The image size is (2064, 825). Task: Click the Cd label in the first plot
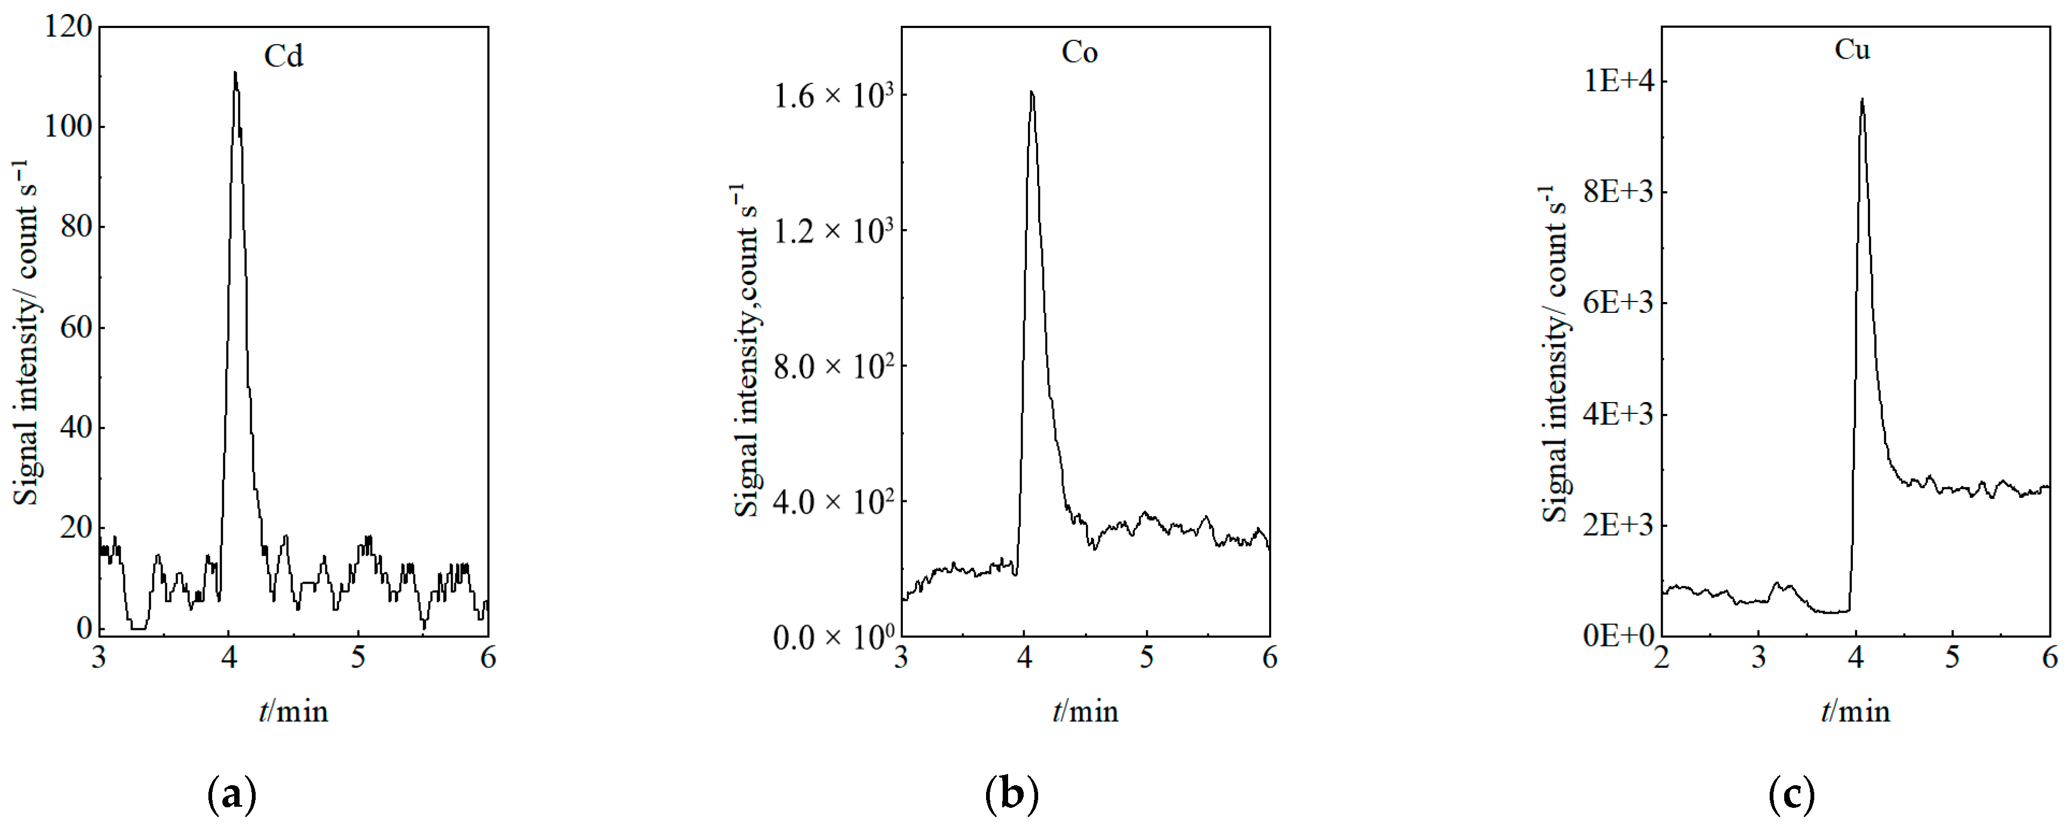pyautogui.click(x=284, y=56)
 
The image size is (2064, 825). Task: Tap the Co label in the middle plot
pyautogui.click(x=1080, y=52)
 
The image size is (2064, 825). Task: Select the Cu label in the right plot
pyautogui.click(x=1852, y=49)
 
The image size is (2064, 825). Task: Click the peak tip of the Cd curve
pyautogui.click(x=235, y=73)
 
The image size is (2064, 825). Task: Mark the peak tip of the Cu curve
pyautogui.click(x=1862, y=99)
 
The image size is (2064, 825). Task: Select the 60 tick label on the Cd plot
pyautogui.click(x=76, y=327)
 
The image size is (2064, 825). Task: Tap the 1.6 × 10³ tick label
pyautogui.click(x=832, y=96)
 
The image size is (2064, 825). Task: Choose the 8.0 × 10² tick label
pyautogui.click(x=832, y=367)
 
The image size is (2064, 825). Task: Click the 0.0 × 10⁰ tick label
pyautogui.click(x=832, y=637)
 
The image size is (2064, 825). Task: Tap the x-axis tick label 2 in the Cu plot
pyautogui.click(x=1662, y=658)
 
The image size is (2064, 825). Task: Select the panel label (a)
pyautogui.click(x=231, y=795)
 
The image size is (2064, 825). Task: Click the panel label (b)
pyautogui.click(x=1011, y=795)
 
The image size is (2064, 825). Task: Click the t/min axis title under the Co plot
pyautogui.click(x=1085, y=711)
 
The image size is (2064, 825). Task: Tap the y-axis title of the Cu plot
pyautogui.click(x=1554, y=353)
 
